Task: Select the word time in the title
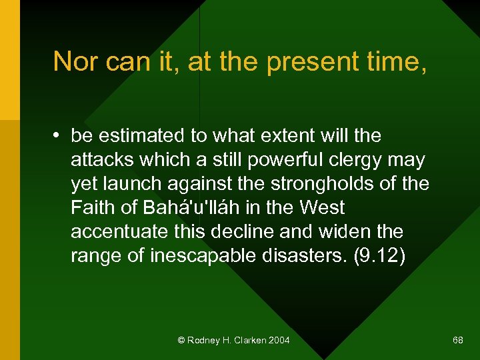[x=387, y=61]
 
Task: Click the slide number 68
[x=458, y=341]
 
